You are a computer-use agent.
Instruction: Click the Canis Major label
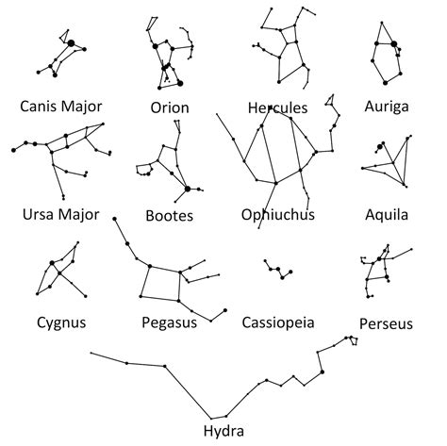point(61,107)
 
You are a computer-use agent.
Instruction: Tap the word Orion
point(170,107)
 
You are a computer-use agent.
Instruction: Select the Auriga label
point(387,107)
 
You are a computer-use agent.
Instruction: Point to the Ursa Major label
point(61,214)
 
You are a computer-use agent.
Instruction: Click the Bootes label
point(170,216)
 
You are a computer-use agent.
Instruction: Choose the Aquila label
point(387,215)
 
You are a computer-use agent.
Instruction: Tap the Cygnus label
point(61,322)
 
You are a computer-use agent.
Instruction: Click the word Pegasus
point(170,322)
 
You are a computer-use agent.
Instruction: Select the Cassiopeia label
point(278,322)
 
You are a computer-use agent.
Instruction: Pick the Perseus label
point(386,323)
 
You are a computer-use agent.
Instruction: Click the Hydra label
point(223,431)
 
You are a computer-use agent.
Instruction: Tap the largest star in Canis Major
point(72,43)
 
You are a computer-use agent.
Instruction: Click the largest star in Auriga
point(393,44)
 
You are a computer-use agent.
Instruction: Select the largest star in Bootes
point(188,189)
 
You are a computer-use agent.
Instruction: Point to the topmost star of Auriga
point(382,23)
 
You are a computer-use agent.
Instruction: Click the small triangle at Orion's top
point(152,24)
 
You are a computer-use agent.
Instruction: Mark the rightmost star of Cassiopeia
point(290,272)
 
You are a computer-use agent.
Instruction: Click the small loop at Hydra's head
point(355,340)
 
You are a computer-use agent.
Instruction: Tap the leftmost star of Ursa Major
point(13,150)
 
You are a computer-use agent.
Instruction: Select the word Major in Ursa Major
point(79,215)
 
